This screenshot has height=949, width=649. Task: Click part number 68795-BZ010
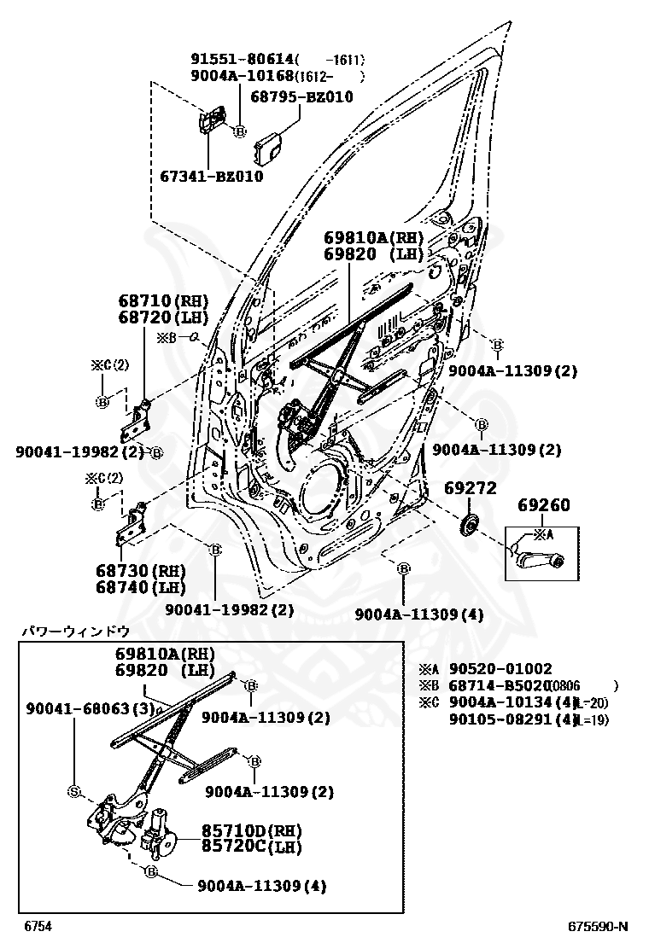tap(301, 97)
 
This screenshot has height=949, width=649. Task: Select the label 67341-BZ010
tap(211, 177)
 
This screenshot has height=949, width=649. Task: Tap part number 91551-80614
tap(242, 59)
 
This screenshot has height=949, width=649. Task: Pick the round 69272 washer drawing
tap(467, 526)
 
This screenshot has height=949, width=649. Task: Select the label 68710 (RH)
tap(162, 301)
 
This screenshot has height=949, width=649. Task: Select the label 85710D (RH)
tap(252, 830)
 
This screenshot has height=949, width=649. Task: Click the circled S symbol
tap(73, 792)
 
